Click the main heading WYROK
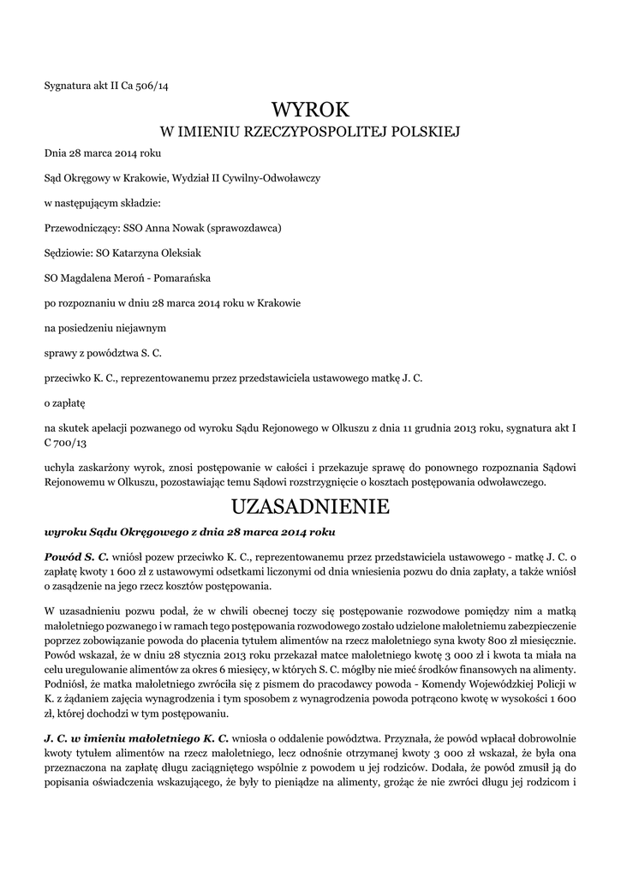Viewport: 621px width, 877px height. [x=310, y=110]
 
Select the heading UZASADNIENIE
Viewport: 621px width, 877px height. [x=310, y=507]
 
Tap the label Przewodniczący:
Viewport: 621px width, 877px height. [x=78, y=229]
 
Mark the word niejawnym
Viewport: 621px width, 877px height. [x=137, y=327]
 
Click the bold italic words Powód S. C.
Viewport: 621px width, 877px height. [x=77, y=557]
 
